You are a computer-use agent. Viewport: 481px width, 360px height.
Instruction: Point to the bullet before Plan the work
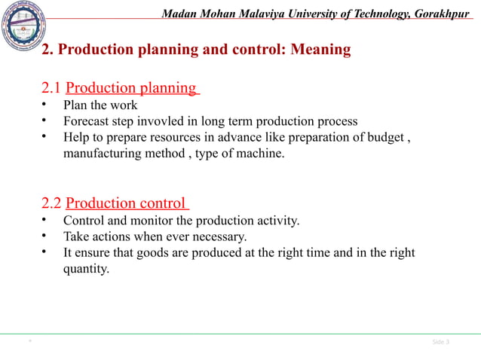tap(44, 105)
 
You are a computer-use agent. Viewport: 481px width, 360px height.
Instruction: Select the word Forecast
tap(88, 121)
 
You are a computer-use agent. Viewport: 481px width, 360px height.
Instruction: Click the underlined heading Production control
tap(125, 203)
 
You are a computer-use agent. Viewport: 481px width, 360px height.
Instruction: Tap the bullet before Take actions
tap(44, 236)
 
